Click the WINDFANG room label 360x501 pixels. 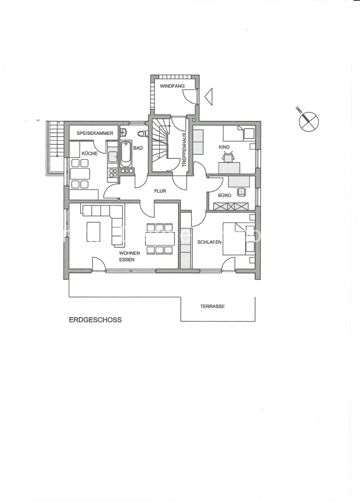[x=172, y=86]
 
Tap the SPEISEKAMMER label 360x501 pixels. [x=95, y=133]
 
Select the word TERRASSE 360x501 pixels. [x=212, y=306]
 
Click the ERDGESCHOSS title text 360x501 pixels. [x=95, y=320]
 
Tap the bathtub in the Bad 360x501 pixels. [x=126, y=153]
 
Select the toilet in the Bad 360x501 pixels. [x=143, y=134]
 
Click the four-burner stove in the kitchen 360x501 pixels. [x=113, y=172]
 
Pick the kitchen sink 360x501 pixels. [x=113, y=157]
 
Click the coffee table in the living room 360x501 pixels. [x=93, y=231]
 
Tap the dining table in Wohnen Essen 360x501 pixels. [x=160, y=238]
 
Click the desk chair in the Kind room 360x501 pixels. [x=229, y=158]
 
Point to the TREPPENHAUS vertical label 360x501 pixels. [x=184, y=150]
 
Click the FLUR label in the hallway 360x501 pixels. [x=160, y=191]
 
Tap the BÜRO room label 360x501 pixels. [x=224, y=195]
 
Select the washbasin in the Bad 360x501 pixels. [x=124, y=132]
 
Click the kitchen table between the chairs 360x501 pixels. [x=80, y=174]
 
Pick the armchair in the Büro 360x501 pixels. [x=241, y=192]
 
